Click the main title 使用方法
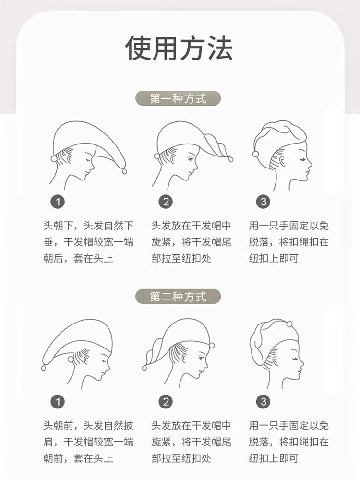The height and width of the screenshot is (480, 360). pos(179,48)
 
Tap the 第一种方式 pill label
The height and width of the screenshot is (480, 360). pos(178,98)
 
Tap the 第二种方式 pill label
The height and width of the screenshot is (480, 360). pos(178,296)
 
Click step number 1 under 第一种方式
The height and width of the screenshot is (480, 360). pos(58,202)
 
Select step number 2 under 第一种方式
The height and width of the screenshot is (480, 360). pos(166,202)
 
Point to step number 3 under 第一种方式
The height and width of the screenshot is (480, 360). pos(263,202)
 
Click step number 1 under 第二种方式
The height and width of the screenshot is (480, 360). pos(58,402)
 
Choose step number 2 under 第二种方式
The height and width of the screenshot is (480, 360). pos(166,402)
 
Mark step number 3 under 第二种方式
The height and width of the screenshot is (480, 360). pos(263,402)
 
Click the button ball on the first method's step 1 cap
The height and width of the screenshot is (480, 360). pos(54,158)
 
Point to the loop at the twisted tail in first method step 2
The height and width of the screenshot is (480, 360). pos(230,159)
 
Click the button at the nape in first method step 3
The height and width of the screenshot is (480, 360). pos(255,154)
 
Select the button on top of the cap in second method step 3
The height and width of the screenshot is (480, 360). pos(289,324)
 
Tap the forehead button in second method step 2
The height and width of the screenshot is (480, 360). pos(212,346)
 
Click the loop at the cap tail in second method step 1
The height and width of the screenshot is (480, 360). pos(44,367)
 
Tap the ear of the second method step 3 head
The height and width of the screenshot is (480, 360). pos(276,362)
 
